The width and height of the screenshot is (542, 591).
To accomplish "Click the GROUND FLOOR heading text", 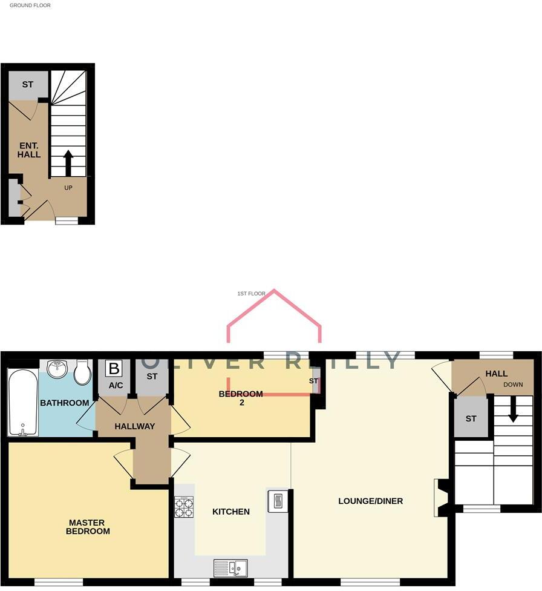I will coord(30,5).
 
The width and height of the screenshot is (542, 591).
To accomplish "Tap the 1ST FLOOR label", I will coord(251,294).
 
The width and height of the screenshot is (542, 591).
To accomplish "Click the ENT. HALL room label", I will coord(29,150).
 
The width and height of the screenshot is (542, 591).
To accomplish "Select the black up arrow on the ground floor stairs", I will coord(68,162).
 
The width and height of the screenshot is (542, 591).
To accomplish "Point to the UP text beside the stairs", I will coord(68,188).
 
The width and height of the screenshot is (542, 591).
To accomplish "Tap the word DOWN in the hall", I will coord(512,385).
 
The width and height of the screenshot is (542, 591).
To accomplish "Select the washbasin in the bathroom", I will coord(57,369).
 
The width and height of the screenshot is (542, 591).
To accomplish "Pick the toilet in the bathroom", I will coord(82,372).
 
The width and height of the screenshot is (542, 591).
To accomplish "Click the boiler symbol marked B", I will coord(114,368).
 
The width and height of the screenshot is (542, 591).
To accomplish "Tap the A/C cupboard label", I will coord(116,386).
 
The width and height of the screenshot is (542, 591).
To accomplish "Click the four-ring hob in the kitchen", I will coord(184,507).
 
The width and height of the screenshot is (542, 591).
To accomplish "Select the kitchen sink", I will coord(230,567).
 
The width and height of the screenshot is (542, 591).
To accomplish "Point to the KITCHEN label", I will coord(231,512).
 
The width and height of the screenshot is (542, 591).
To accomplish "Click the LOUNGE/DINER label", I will coord(370,501).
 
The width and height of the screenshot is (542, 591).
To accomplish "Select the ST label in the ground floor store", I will coord(27,85).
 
